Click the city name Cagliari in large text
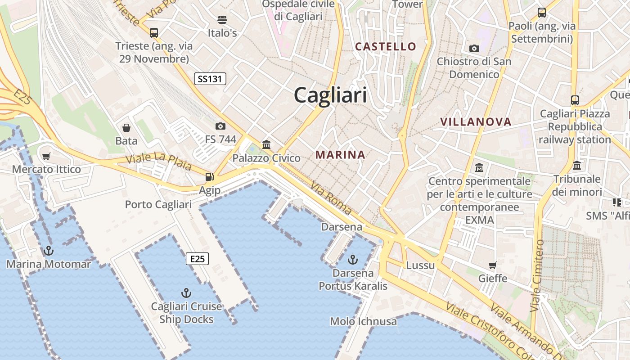[330, 95]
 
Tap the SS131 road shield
[210, 79]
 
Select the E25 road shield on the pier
[197, 259]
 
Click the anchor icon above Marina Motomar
[48, 251]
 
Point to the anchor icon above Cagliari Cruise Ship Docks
[186, 293]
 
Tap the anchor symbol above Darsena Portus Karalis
[353, 260]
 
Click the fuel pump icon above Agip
[209, 177]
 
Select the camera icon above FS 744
[220, 126]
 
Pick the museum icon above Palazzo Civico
[266, 144]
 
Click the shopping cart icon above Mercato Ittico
[46, 157]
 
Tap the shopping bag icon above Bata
[126, 128]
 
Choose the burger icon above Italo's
[222, 20]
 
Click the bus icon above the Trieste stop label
[154, 32]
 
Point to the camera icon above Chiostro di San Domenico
[474, 48]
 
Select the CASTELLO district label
[386, 46]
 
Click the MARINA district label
[340, 155]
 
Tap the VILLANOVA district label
[476, 122]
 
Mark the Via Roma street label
[331, 198]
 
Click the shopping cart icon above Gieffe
[493, 265]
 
